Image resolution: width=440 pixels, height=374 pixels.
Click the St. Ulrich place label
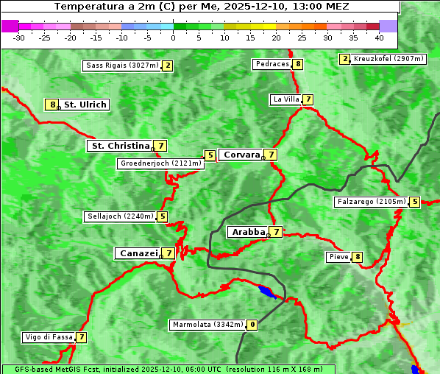pos(85,105)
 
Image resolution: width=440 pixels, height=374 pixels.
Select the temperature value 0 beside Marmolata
pos(252,325)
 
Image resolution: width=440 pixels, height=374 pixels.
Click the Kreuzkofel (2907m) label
pos(388,59)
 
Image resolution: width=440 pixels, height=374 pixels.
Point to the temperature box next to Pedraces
pos(297,65)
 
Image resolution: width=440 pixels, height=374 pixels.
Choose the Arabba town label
pos(248,232)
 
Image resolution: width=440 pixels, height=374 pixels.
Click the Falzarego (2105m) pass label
pos(371,202)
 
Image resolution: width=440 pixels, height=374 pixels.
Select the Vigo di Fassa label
pos(49,337)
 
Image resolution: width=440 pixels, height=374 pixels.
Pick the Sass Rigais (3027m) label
pos(121,66)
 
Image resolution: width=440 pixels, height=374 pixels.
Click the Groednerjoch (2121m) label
pos(160,163)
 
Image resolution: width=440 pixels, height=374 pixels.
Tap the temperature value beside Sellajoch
pos(162,216)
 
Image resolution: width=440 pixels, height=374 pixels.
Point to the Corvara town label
pos(241,155)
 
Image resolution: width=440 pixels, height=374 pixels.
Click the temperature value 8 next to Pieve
pos(357,257)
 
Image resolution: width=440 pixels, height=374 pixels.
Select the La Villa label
pos(285,99)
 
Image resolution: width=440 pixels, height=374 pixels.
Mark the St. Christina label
pos(120,146)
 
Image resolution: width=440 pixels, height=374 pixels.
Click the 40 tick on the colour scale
pos(379,37)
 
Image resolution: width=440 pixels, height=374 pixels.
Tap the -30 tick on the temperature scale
pos(19,37)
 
